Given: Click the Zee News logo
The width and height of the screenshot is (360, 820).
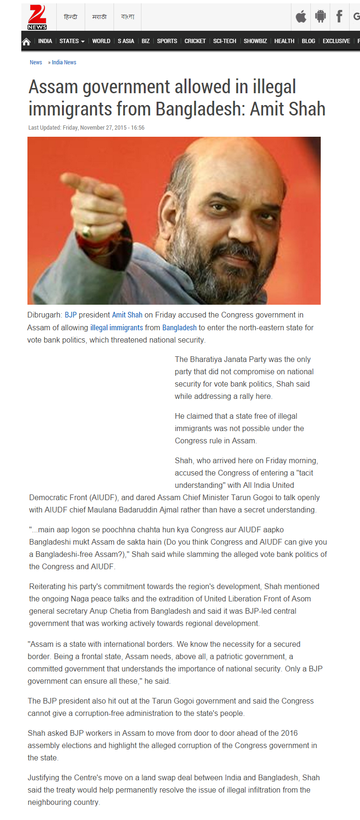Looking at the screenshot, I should coord(37,17).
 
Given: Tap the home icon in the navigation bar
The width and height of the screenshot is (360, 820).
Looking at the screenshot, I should coord(26,42).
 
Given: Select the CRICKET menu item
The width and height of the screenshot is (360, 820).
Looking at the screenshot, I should coord(195,41).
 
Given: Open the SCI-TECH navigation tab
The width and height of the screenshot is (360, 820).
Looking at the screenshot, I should coord(224,41).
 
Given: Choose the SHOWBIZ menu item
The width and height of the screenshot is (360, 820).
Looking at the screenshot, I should coord(255,41).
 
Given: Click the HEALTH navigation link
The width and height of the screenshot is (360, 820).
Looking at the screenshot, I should coord(284,41).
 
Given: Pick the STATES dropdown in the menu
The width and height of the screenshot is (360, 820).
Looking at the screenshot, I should coord(72,41).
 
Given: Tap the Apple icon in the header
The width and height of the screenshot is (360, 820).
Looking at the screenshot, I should coord(301,17).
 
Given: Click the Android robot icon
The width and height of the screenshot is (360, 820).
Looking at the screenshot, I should coord(320,17).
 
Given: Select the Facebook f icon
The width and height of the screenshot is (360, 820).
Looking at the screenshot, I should coord(339,17).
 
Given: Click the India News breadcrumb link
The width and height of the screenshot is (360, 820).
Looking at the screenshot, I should coord(64,62).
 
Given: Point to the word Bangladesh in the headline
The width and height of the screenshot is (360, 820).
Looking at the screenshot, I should coord(199,109).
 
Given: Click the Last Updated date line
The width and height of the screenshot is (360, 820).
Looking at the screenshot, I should coord(86,128).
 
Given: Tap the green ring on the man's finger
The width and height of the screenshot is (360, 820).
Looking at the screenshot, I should coord(87,232).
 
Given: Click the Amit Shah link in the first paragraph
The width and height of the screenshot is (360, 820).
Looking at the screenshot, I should coord(127,315).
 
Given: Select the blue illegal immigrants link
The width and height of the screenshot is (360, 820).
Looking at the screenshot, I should coord(116,327).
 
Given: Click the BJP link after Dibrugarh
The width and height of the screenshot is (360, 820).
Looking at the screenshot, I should coord(70,315).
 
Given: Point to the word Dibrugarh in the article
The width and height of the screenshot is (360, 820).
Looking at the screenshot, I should coord(44,315).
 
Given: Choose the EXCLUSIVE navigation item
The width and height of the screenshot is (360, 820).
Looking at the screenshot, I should coord(336,41).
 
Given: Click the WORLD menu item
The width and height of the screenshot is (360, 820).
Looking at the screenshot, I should coord(101,41).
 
